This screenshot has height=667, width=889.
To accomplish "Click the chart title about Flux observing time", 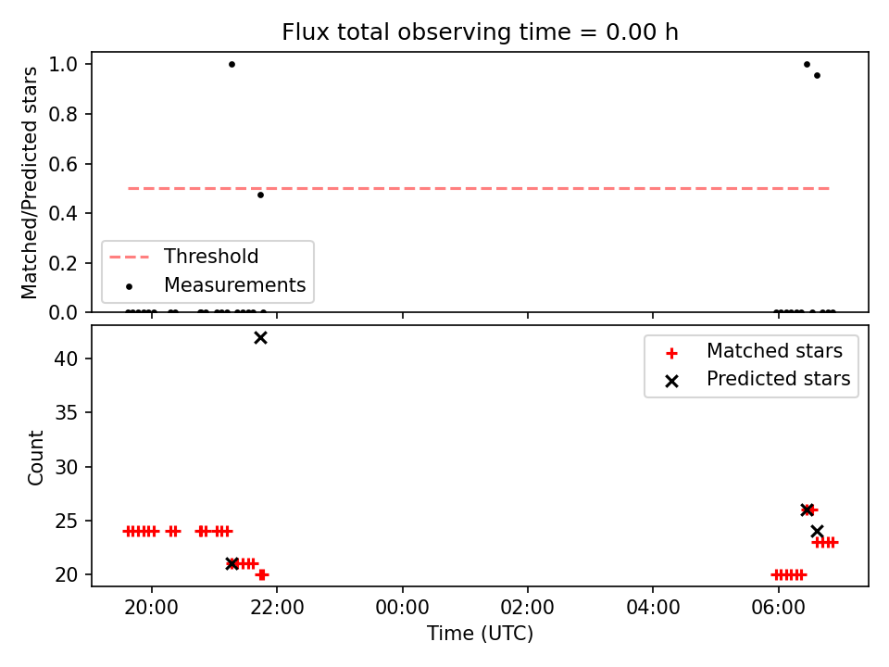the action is tap(480, 31).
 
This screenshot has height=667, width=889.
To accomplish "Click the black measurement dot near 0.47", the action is tap(260, 195).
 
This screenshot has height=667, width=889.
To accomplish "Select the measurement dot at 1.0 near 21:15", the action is tap(232, 64).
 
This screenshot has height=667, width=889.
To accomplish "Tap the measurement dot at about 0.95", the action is tap(817, 75).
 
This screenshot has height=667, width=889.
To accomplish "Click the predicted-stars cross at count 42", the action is tap(260, 338).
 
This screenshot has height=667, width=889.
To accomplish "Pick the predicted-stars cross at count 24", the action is tap(817, 532).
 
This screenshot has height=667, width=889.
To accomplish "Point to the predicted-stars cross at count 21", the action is tap(232, 564).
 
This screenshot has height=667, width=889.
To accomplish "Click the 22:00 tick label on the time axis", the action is tap(277, 608).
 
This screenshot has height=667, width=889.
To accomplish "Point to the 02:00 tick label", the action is tap(527, 608).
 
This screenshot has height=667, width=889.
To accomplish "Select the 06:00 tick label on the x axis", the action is tap(778, 608).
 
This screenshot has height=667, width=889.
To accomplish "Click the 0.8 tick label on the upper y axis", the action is tap(63, 114).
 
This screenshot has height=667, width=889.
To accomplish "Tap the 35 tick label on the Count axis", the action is tap(66, 412).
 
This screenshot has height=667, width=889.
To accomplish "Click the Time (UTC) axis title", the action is tap(480, 633).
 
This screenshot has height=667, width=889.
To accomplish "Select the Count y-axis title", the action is tap(35, 457).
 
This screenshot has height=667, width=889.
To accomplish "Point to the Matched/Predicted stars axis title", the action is tap(29, 182).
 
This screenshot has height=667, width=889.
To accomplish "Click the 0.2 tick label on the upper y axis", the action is tap(63, 263).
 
